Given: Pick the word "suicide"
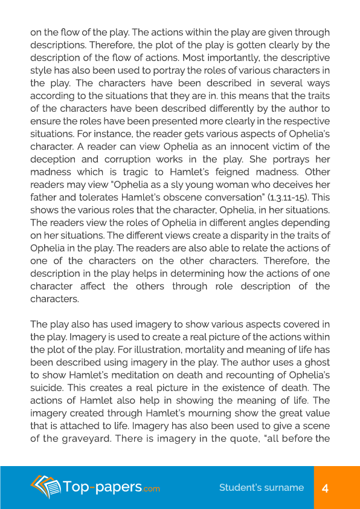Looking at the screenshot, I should point(47,387).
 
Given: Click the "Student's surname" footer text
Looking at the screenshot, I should point(261,488).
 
